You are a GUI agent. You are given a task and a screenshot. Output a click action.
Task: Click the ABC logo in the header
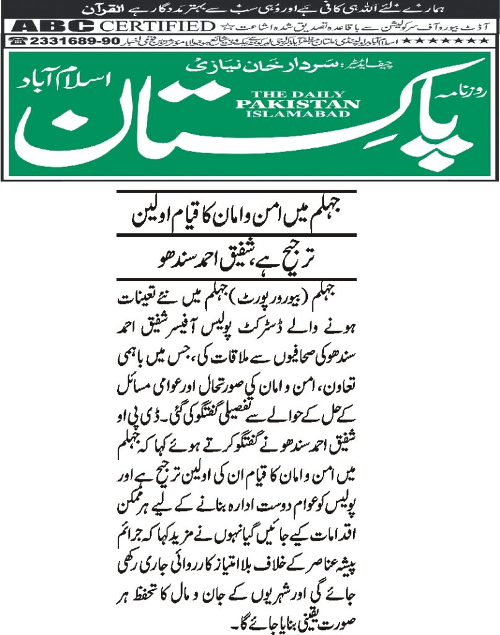pyautogui.click(x=53, y=26)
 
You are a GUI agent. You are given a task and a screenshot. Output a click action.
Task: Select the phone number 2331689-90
pyautogui.click(x=46, y=41)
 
